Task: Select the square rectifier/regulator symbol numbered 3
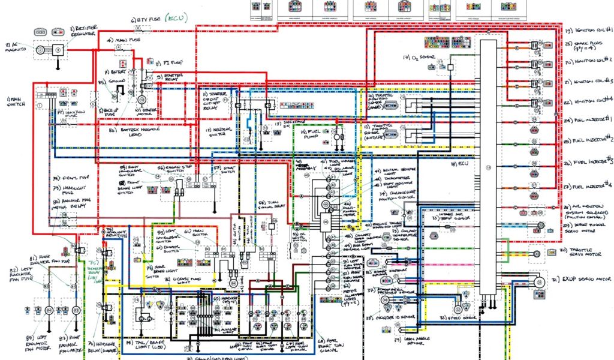[58, 51]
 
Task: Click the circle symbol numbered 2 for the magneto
[40, 50]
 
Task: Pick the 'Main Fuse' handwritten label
[125, 40]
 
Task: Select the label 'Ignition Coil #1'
[588, 30]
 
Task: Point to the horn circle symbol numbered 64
[233, 283]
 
